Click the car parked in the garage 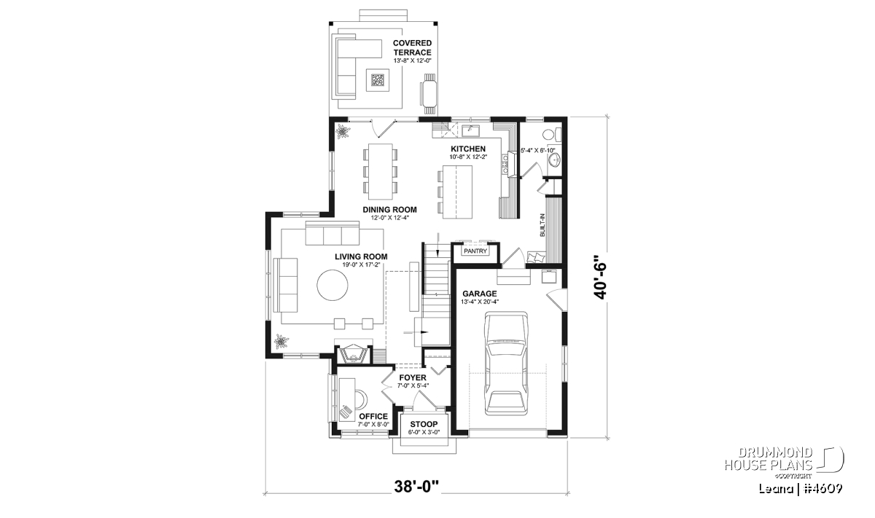506,363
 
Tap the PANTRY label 475,251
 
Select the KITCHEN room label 468,149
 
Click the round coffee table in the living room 332,286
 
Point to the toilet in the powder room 551,135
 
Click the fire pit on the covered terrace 378,80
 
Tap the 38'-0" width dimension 416,487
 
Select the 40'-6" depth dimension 600,277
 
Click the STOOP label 424,424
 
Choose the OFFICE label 373,416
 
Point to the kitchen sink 471,130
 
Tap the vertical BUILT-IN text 542,225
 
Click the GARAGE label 480,294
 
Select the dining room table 381,172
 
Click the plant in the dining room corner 343,132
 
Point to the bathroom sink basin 554,160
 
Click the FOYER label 413,378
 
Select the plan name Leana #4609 801,488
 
